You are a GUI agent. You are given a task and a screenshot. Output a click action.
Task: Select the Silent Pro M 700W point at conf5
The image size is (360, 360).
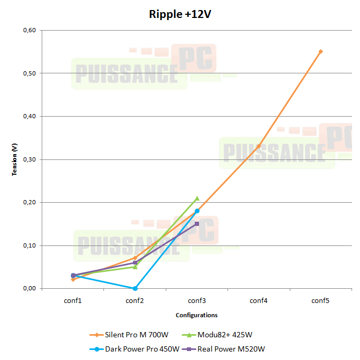(x=320, y=52)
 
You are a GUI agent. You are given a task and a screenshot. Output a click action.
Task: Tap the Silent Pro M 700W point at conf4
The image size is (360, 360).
(x=259, y=146)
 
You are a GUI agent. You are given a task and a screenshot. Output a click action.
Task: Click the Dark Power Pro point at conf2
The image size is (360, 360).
(x=135, y=288)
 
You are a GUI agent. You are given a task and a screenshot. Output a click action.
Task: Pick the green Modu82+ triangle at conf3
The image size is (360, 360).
(x=197, y=198)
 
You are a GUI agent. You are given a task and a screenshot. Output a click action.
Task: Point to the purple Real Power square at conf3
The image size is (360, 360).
(x=197, y=224)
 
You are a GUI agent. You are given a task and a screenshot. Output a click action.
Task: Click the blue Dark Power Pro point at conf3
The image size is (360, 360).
(x=197, y=211)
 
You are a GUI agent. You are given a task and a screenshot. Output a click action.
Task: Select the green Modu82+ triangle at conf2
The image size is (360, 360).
(x=135, y=267)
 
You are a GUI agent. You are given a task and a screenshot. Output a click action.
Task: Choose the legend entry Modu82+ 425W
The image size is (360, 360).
(x=224, y=335)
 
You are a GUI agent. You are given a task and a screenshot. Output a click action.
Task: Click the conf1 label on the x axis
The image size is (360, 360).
(x=73, y=301)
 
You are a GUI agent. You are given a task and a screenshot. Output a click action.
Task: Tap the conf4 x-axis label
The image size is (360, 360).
(x=259, y=301)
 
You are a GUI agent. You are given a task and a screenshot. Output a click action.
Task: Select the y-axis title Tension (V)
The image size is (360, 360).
(x=15, y=159)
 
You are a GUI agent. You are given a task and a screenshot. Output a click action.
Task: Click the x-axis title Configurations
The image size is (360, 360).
(x=196, y=315)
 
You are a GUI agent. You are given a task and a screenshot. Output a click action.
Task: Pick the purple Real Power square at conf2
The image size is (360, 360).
(x=135, y=262)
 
